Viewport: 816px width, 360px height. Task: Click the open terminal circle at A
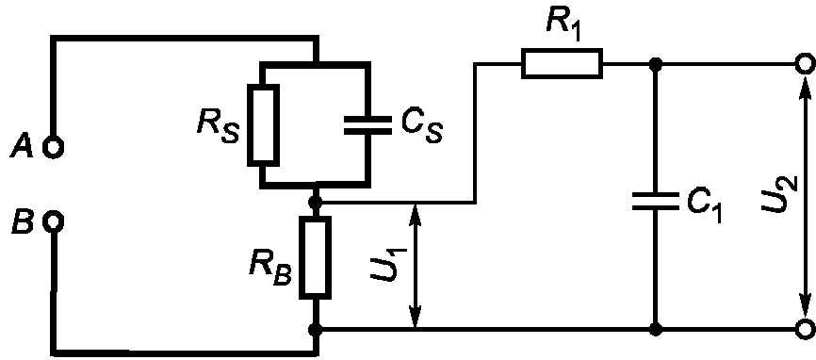[x=54, y=148]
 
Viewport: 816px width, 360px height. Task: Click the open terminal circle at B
[x=54, y=222]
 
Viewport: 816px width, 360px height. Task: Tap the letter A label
[x=21, y=147]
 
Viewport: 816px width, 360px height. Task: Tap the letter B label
[x=22, y=222]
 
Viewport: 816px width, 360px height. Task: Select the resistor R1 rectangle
[x=562, y=64]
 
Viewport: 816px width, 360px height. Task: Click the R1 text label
[x=564, y=23]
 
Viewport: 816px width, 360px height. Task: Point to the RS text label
[x=218, y=125]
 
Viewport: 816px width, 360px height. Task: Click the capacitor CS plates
[x=367, y=124]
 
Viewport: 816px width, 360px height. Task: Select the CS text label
[x=421, y=126]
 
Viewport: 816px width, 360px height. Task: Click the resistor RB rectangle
[x=315, y=258]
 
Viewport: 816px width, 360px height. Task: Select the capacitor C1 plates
[x=656, y=201]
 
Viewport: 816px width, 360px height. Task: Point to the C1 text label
[x=705, y=205]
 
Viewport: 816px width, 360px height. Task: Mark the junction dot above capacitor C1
[x=656, y=64]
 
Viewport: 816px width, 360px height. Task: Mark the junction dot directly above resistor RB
[x=315, y=202]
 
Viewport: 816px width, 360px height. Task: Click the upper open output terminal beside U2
[x=805, y=64]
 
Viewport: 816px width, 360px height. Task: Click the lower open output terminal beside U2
[x=805, y=329]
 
